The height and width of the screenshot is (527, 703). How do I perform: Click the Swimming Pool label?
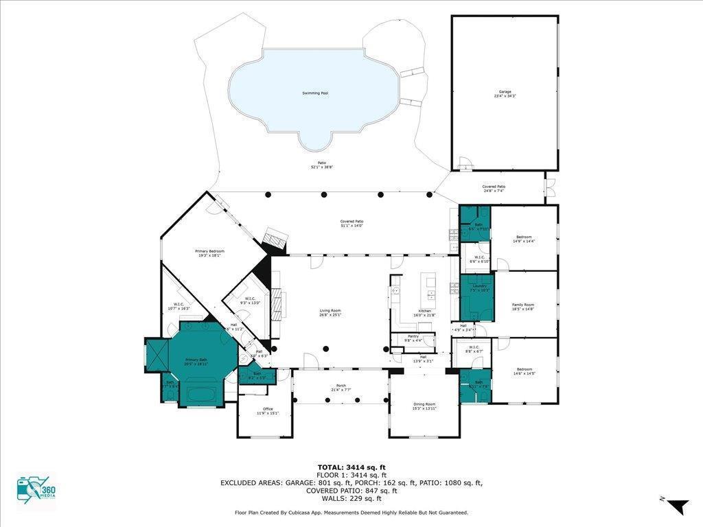(x=315, y=93)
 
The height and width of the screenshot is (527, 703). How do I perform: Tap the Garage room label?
(x=505, y=93)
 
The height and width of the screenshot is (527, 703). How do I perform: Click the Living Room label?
(x=330, y=312)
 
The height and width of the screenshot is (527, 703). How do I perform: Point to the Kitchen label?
(x=425, y=313)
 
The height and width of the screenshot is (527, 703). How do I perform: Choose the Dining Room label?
(x=424, y=406)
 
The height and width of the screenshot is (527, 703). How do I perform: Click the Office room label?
(x=268, y=410)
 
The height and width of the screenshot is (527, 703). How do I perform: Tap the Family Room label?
(x=523, y=307)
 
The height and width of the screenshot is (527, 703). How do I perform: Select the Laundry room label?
(x=479, y=288)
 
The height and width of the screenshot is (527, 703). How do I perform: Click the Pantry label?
(x=413, y=338)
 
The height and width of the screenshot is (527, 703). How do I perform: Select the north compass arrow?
(x=677, y=506)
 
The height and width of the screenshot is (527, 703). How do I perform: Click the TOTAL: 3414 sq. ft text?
(x=351, y=467)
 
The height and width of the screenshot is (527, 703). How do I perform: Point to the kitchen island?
(x=431, y=288)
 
